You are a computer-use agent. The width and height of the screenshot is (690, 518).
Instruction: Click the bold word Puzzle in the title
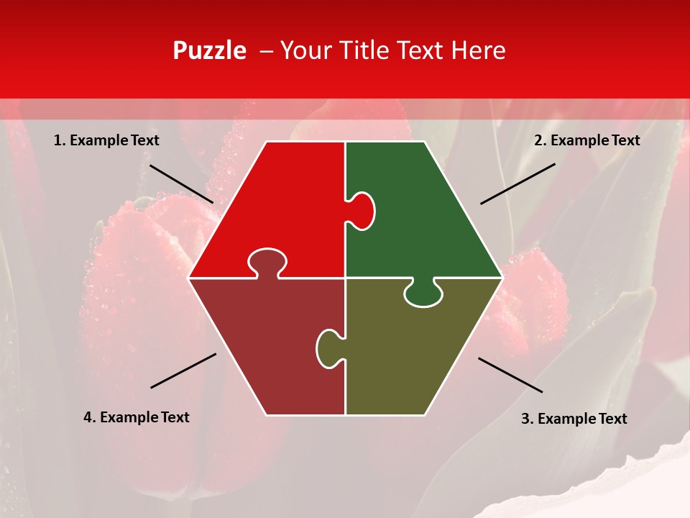point(209,50)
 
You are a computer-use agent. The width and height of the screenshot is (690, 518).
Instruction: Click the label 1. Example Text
point(106,141)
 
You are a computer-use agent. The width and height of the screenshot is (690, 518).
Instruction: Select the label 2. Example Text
point(586,141)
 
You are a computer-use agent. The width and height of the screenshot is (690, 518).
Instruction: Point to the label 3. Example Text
point(574,419)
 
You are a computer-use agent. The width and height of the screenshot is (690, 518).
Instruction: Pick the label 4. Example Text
point(137,417)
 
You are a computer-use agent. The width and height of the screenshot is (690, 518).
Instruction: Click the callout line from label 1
point(181,183)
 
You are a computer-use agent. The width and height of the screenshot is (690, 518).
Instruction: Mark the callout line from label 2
point(517,183)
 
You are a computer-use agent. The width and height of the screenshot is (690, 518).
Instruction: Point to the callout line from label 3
point(510,375)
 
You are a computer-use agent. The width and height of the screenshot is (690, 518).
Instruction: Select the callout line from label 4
point(183,371)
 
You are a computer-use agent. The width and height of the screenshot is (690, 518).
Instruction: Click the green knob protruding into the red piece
point(363,210)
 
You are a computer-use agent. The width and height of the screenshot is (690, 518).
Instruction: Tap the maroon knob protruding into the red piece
point(267,262)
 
